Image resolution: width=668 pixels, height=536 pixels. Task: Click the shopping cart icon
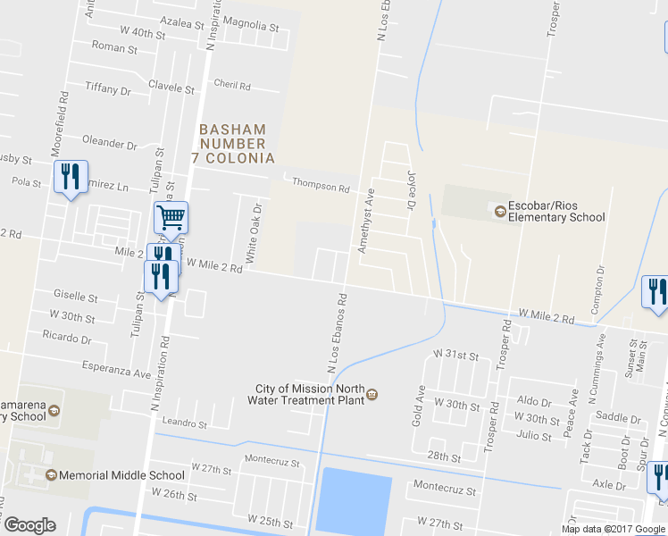point(171,217)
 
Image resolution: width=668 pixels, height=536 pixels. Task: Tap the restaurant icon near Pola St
point(71,176)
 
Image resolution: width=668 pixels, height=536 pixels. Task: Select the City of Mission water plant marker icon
point(372,395)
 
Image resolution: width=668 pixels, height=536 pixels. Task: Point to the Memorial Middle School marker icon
point(51,475)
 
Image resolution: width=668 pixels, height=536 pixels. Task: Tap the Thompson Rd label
point(321,187)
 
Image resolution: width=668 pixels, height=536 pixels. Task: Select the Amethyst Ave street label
point(366,221)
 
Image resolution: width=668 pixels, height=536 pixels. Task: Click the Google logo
point(29,525)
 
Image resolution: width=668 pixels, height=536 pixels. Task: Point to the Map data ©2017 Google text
point(614,529)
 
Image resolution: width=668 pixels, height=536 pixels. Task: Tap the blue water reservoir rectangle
point(355,501)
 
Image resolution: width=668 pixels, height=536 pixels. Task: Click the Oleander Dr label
point(109,143)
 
